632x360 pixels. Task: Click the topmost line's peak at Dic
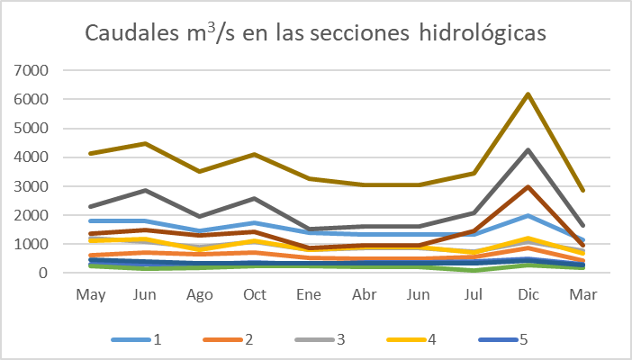[528, 94]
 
